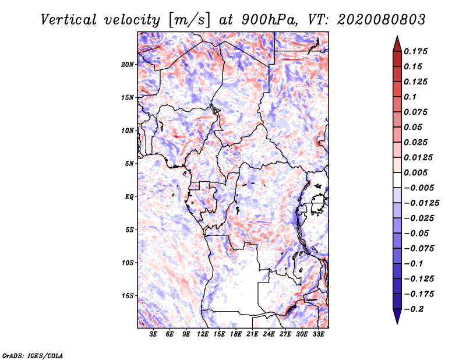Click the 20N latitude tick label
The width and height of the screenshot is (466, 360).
[128, 64]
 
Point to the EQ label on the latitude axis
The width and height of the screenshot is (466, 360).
[129, 197]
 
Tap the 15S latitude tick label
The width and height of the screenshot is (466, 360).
[128, 296]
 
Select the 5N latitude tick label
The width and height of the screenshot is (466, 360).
[129, 164]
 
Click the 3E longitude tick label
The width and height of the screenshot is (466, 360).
[154, 334]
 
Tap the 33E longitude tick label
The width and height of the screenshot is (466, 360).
[319, 334]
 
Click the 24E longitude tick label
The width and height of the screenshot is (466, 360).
[269, 334]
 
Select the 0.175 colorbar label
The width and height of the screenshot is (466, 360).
[416, 51]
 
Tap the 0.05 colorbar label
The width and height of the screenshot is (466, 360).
[414, 127]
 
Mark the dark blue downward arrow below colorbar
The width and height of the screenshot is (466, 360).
[396, 317]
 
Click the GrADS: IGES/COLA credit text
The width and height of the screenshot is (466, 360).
[33, 355]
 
